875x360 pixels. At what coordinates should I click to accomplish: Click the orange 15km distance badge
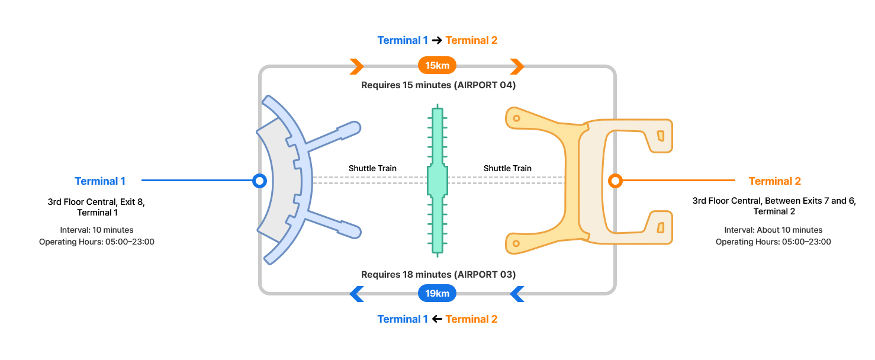(437, 65)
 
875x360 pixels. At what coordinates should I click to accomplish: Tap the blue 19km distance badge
(437, 293)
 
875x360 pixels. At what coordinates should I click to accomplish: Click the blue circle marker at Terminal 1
(259, 181)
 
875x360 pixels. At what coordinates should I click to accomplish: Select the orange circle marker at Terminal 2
(616, 181)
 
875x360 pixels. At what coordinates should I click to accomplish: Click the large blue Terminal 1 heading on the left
(100, 181)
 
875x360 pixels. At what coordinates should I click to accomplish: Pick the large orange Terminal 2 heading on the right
(774, 181)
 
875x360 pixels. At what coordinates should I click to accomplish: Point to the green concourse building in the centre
(437, 181)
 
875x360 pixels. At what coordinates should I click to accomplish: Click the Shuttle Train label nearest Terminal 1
(372, 168)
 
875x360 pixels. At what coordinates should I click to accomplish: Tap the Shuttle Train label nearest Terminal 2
(507, 168)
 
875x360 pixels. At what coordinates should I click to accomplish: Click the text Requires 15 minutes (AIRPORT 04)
(438, 85)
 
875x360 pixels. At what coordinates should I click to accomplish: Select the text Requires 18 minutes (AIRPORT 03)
(438, 275)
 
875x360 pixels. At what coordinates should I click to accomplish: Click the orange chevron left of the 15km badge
(356, 65)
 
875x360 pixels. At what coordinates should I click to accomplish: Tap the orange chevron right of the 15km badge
(517, 65)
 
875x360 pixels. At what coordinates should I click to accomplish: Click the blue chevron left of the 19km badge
(356, 293)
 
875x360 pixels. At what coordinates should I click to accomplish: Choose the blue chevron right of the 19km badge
(517, 293)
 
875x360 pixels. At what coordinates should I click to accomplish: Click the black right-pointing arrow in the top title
(437, 40)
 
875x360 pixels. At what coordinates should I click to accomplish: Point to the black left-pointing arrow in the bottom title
(437, 319)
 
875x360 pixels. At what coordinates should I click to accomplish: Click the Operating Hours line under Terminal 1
(96, 242)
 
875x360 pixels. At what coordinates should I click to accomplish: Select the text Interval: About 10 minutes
(773, 230)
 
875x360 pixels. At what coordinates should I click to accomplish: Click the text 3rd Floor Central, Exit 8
(96, 202)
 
